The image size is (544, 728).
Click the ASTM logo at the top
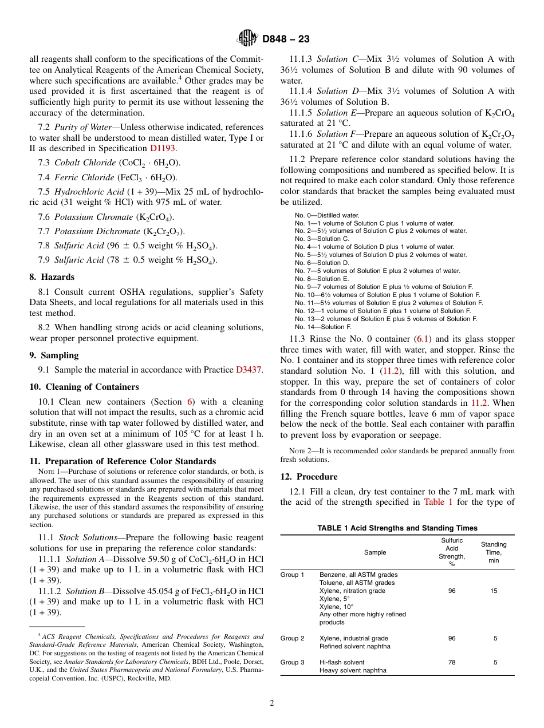[247, 39]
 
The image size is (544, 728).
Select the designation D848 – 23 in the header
[286, 39]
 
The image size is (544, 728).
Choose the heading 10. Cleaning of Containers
[84, 387]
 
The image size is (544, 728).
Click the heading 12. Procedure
[309, 477]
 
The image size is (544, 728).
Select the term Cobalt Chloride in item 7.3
[85, 163]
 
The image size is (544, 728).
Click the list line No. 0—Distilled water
[327, 215]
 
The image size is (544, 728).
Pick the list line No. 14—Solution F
[323, 327]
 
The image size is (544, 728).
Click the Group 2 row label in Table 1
[292, 638]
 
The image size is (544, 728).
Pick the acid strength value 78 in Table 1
[452, 662]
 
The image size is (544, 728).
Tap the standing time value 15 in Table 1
[493, 591]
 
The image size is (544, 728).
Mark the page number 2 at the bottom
[272, 703]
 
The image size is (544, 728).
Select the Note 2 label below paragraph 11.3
[299, 451]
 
